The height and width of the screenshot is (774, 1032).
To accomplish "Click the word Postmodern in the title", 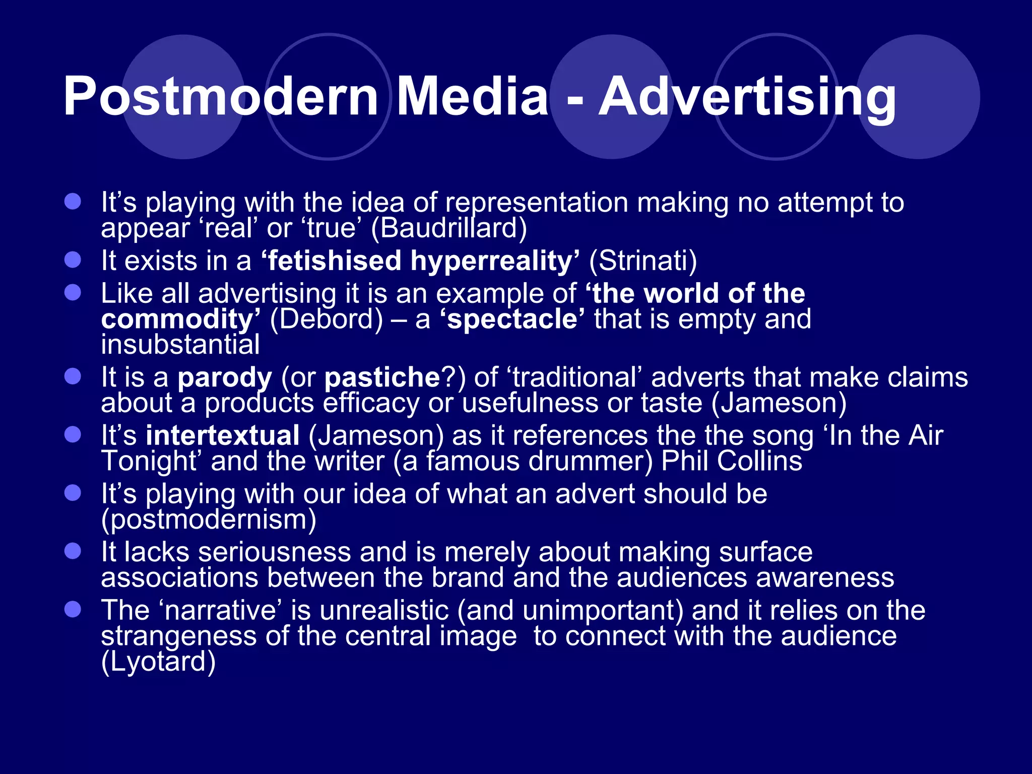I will coord(221,96).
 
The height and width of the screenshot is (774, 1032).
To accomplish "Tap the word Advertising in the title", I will coord(747,96).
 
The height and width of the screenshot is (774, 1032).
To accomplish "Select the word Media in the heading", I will coord(472,96).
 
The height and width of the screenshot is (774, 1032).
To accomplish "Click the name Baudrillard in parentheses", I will coord(449,228).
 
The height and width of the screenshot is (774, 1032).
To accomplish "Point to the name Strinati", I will coord(643,261).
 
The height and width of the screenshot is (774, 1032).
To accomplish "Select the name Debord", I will coord(327,319).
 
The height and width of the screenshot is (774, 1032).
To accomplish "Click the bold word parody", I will coord(225,377).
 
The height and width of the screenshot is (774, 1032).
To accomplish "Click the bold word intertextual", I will coord(223,435).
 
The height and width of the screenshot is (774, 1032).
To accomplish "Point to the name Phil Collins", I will coord(732,461).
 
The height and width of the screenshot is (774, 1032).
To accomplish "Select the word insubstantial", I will coord(180,345).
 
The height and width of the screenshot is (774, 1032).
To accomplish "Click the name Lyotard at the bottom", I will coord(158,661).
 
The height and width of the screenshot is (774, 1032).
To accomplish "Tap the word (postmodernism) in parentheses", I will coord(209,519).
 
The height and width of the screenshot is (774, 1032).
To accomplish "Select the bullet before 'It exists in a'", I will coord(73,260).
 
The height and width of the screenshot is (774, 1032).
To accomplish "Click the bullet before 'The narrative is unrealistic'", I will coord(73,610).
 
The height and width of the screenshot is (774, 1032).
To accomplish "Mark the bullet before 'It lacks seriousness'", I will coord(73,551).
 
